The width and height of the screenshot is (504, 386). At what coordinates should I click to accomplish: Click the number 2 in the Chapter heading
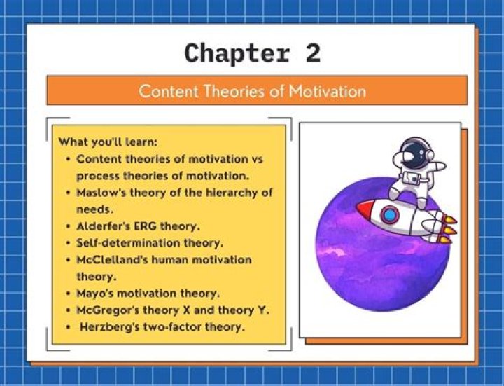point(312,53)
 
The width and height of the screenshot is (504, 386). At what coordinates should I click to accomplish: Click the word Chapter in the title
point(236,53)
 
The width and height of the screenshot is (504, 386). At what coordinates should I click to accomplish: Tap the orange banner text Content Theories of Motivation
point(252,91)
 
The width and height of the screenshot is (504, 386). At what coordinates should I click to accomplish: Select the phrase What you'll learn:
point(108,142)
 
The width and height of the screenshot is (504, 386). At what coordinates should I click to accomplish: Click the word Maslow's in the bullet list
point(103,192)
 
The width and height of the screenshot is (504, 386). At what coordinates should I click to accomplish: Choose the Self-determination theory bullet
point(149,243)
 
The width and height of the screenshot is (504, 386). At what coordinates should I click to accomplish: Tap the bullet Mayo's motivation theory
point(148,293)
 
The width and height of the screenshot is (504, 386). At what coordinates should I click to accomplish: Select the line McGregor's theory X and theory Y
point(172,310)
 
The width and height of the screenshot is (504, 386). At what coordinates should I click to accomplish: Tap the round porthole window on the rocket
point(390,214)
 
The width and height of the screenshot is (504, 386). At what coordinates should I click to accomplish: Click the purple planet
point(364,259)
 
